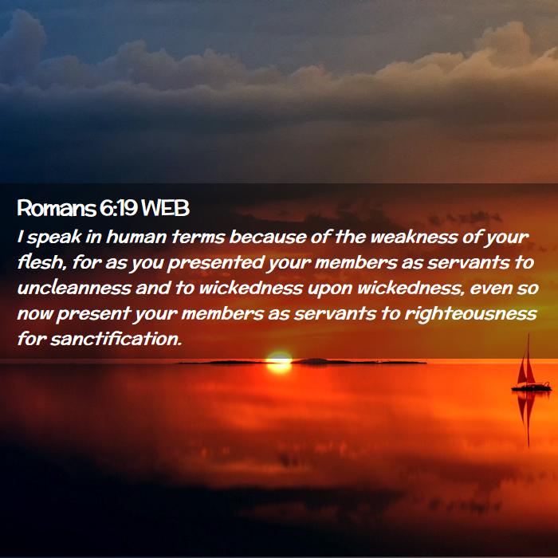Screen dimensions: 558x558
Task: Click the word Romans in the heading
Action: (x=57, y=208)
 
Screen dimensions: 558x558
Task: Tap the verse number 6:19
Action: (x=119, y=208)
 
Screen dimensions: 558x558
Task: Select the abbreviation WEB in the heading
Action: (x=165, y=208)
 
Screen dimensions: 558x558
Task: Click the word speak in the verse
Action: (x=54, y=238)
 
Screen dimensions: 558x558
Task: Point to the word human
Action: (x=136, y=237)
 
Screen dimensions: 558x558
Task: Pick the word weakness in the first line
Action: (x=414, y=237)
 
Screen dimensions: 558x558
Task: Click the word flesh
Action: (x=42, y=262)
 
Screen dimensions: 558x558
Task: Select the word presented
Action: (x=215, y=263)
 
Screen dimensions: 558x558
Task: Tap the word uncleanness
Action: (x=74, y=288)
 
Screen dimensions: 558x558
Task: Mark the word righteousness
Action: (x=471, y=314)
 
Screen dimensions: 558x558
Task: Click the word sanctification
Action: (x=116, y=339)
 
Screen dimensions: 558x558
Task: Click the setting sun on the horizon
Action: (x=279, y=363)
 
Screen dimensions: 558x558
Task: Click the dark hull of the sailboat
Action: (x=532, y=387)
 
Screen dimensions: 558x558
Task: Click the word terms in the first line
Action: (x=198, y=237)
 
